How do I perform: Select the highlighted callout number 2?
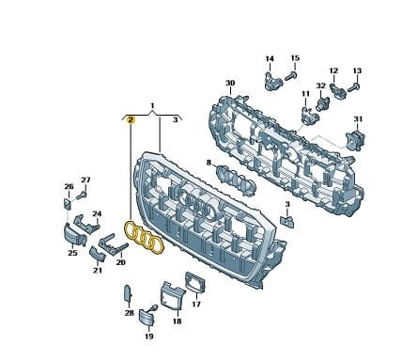(131, 119)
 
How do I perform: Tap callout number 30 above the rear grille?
(230, 83)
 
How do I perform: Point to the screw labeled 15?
(291, 76)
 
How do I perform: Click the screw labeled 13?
(353, 87)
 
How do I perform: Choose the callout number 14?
(270, 58)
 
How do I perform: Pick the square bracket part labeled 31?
(355, 139)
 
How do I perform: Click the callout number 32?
(321, 86)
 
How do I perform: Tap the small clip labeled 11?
(309, 115)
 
